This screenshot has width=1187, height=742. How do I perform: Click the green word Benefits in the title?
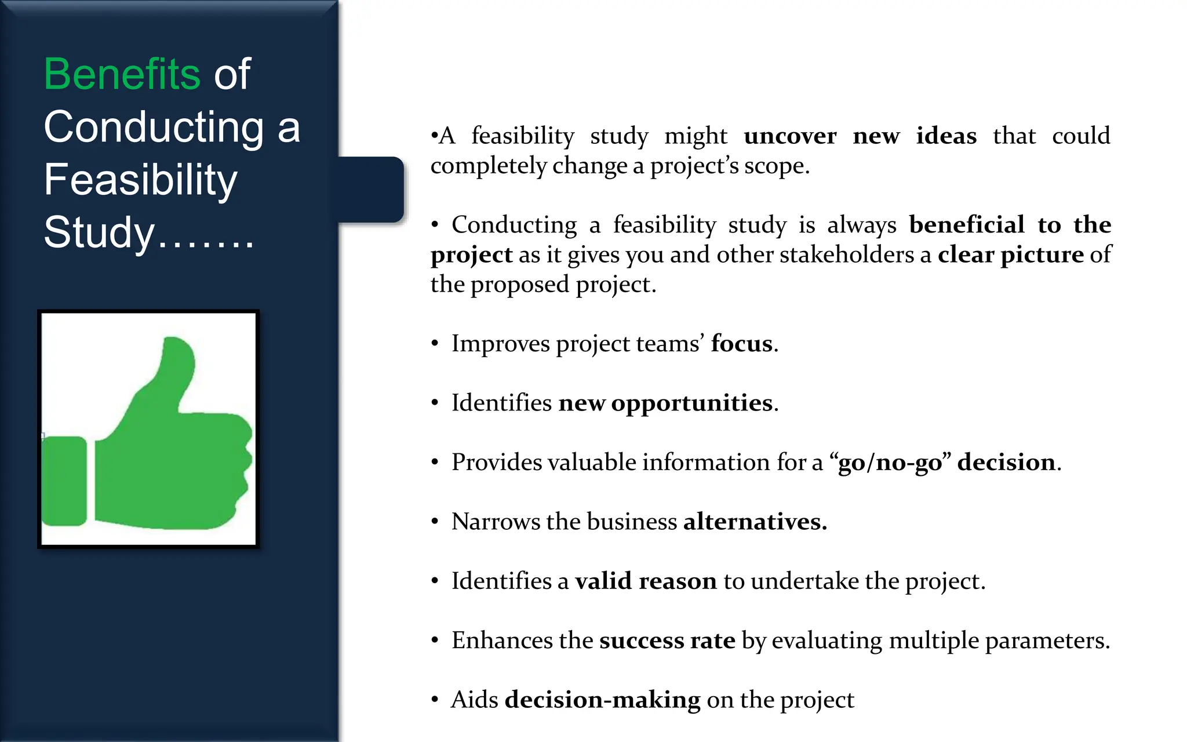coord(122,74)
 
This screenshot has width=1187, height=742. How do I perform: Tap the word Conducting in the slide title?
coord(154,127)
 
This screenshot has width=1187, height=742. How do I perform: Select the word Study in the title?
coord(99,232)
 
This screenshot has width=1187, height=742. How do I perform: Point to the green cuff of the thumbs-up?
coord(64,481)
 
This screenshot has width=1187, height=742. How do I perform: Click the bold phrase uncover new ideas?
coord(860,136)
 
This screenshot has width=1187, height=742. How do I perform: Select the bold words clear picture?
coord(1010,254)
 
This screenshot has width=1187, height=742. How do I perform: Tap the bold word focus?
coord(741,344)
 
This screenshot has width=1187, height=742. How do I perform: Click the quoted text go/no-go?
coord(890,463)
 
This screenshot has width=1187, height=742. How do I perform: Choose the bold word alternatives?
coord(754,522)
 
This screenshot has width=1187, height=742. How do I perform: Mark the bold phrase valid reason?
coord(646,581)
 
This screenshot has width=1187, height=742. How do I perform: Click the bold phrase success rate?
coord(667,641)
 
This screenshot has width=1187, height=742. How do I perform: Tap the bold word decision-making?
coord(602,700)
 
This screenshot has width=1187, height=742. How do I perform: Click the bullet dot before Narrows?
coord(435,522)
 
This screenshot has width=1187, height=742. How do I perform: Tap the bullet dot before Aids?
coord(435,700)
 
